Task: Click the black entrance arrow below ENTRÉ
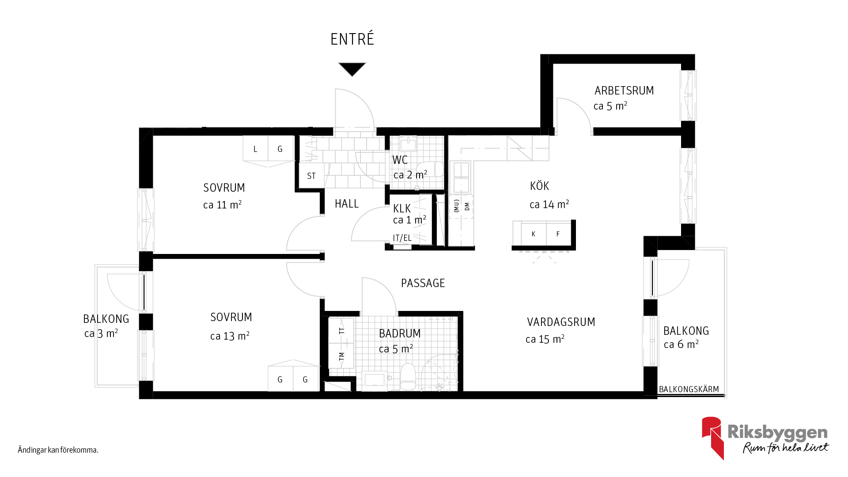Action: [x=352, y=68]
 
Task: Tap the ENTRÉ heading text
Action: [x=352, y=39]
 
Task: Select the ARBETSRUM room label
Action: [x=624, y=91]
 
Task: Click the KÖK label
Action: [x=539, y=185]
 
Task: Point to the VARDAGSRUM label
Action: [x=561, y=322]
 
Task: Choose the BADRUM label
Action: [x=400, y=333]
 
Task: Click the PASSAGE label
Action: [x=423, y=283]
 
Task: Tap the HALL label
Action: [x=347, y=204]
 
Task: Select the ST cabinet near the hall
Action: [x=311, y=176]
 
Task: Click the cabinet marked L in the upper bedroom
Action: [x=255, y=149]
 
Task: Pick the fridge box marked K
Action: [x=534, y=234]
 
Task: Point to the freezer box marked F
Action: [x=558, y=234]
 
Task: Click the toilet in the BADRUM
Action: [x=408, y=377]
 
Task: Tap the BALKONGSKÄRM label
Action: [x=689, y=389]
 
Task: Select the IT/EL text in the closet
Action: [x=402, y=238]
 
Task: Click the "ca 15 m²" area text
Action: [x=545, y=339]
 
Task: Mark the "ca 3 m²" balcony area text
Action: [x=101, y=333]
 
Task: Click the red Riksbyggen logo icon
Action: [x=712, y=438]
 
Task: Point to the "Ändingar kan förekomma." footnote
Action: [x=58, y=450]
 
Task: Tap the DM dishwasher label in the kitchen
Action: [x=467, y=206]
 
